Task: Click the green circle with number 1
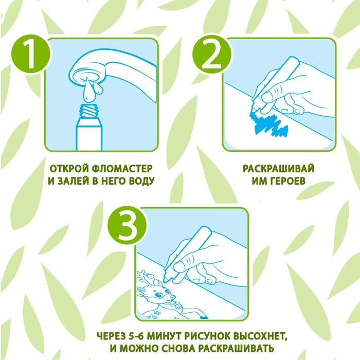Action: point(30,54)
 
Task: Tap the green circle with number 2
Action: point(212,55)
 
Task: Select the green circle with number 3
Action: point(128,225)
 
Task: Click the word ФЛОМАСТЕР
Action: point(122,169)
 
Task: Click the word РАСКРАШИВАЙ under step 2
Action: point(278,169)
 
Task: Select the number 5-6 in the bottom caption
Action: point(134,336)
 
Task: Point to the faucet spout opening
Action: point(87,77)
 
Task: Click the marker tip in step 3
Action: point(166,280)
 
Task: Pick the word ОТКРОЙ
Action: point(69,169)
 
